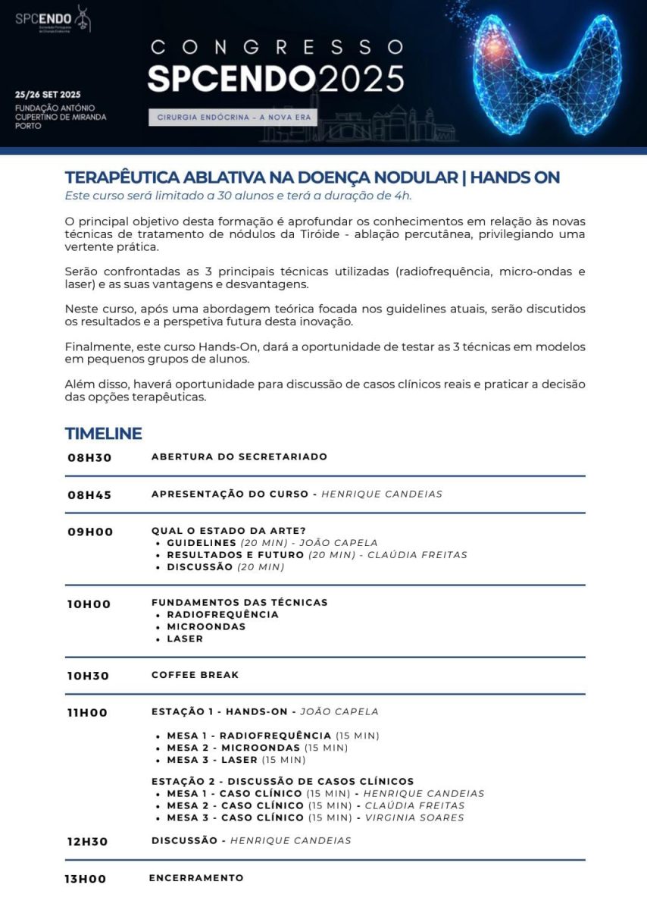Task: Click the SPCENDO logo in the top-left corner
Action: click(52, 20)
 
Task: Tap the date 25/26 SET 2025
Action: click(47, 95)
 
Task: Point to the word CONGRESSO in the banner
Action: click(277, 47)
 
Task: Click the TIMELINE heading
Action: click(103, 434)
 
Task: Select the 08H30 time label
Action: click(89, 458)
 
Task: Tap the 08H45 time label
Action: click(89, 495)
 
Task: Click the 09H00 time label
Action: click(90, 532)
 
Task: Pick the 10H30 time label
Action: click(89, 676)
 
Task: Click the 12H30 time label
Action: click(88, 842)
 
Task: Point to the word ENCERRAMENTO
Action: click(196, 878)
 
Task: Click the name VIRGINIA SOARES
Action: click(414, 818)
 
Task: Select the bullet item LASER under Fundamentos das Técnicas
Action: click(185, 639)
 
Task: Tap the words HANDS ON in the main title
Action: click(515, 178)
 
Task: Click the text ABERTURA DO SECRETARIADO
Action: click(239, 457)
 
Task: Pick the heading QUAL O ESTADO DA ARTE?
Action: click(229, 531)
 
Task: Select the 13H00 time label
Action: click(85, 880)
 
